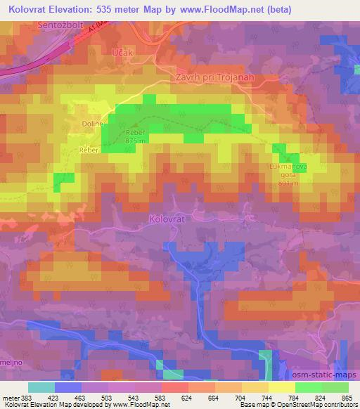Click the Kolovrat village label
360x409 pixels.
(x=167, y=219)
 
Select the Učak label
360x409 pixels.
(x=122, y=53)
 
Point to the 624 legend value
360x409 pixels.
(x=187, y=398)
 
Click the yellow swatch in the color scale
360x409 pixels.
(x=281, y=387)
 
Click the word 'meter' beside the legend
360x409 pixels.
(x=11, y=398)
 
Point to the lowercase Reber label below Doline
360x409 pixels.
(x=89, y=150)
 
